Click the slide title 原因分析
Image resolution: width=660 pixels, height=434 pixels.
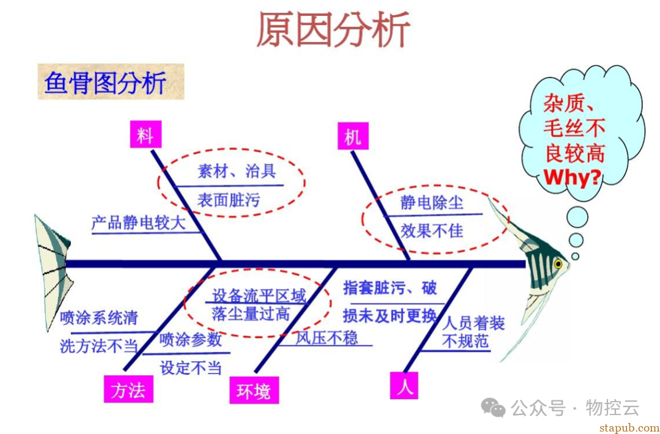[333, 29]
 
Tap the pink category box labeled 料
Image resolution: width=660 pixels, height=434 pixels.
[145, 134]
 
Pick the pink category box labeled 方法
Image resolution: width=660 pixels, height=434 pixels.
[128, 389]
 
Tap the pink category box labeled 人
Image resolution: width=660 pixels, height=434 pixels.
[404, 386]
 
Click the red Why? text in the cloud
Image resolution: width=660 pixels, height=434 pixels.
[573, 177]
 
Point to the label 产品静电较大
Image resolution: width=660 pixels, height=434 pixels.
[138, 223]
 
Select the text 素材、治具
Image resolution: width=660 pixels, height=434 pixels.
[237, 171]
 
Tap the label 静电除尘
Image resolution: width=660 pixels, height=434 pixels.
[432, 203]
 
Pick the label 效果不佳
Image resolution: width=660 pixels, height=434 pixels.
[431, 230]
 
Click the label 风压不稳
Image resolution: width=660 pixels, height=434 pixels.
[327, 337]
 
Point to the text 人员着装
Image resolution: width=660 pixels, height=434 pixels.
[474, 323]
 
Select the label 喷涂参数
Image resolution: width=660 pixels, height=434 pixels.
[191, 340]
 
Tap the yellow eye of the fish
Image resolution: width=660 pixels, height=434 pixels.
[557, 264]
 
